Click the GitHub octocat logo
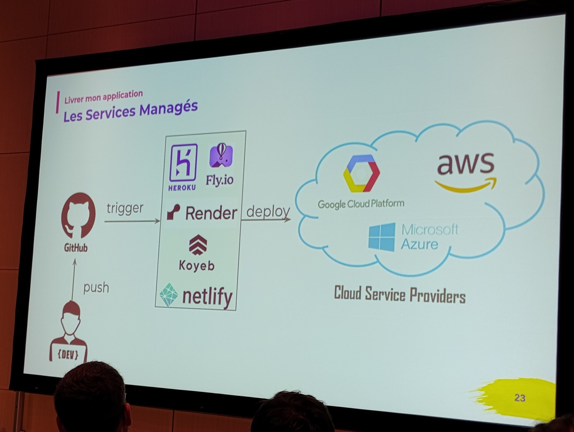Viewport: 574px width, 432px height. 78,216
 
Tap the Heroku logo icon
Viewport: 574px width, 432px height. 183,162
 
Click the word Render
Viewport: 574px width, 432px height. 211,213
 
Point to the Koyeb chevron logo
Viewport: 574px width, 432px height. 198,245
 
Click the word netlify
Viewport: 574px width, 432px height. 207,297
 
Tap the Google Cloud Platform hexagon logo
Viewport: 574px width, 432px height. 361,173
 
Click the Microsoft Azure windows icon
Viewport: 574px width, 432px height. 382,237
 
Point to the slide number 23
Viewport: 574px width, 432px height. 519,398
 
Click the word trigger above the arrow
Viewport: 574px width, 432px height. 125,209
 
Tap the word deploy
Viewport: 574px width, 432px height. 268,212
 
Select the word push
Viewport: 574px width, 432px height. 96,288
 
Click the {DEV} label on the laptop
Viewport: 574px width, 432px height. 68,354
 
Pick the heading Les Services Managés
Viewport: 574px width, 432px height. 130,112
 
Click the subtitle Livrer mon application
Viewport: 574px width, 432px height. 104,97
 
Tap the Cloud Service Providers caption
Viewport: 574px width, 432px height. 400,295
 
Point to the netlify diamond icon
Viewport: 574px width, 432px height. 169,295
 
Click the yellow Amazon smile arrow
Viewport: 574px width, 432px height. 466,185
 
